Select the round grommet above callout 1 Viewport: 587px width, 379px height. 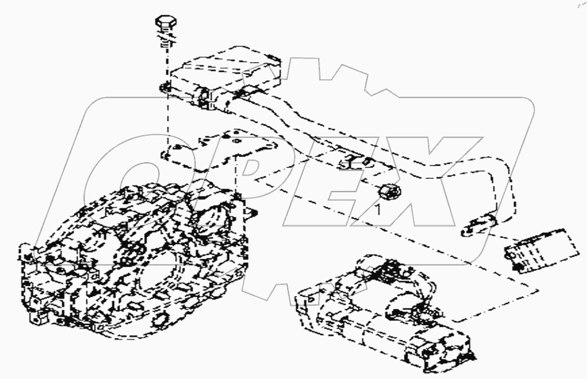click(x=388, y=192)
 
